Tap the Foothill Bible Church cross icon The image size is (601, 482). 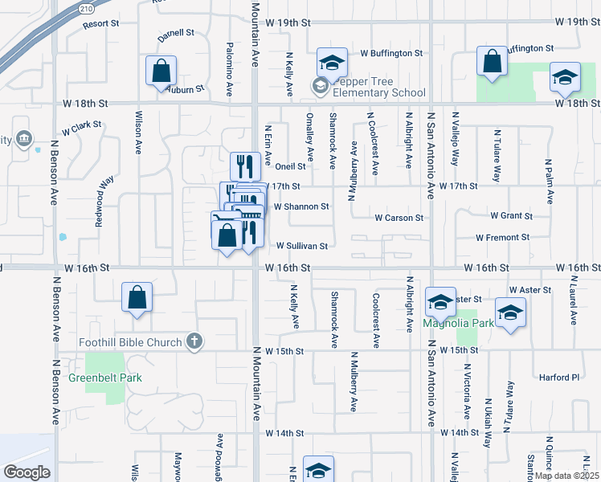pyautogui.click(x=194, y=342)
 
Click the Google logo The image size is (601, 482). pyautogui.click(x=27, y=472)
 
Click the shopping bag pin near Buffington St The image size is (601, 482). pyautogui.click(x=492, y=61)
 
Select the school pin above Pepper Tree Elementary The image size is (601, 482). pyautogui.click(x=331, y=61)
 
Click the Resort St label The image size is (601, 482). pyautogui.click(x=100, y=24)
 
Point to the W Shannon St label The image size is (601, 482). pyautogui.click(x=301, y=206)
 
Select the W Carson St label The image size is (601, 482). pyautogui.click(x=399, y=218)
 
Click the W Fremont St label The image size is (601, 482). pyautogui.click(x=502, y=238)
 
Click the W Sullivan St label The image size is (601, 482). pyautogui.click(x=302, y=247)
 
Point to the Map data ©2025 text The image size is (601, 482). pyautogui.click(x=566, y=476)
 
